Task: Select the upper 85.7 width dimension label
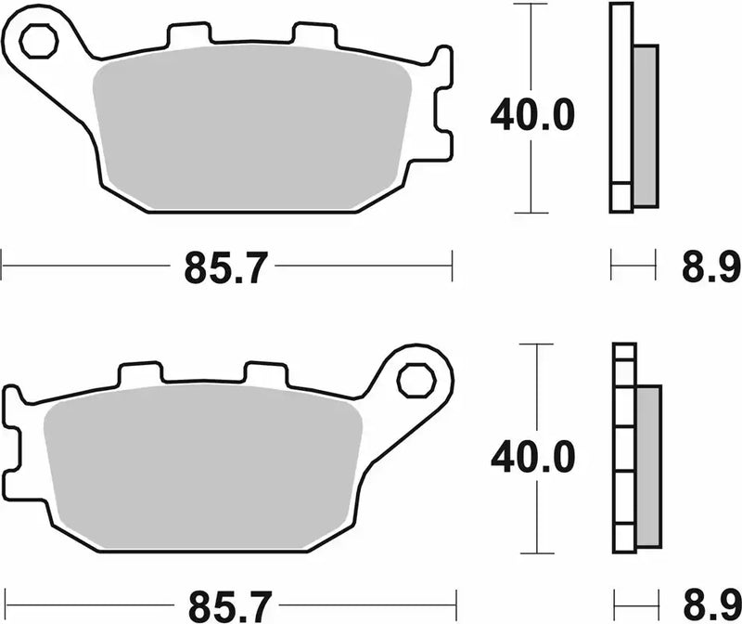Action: [x=225, y=270]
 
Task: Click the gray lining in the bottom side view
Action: [x=647, y=464]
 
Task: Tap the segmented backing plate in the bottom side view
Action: [x=624, y=455]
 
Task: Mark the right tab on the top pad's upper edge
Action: [x=311, y=35]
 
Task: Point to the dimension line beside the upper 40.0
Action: [x=530, y=56]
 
